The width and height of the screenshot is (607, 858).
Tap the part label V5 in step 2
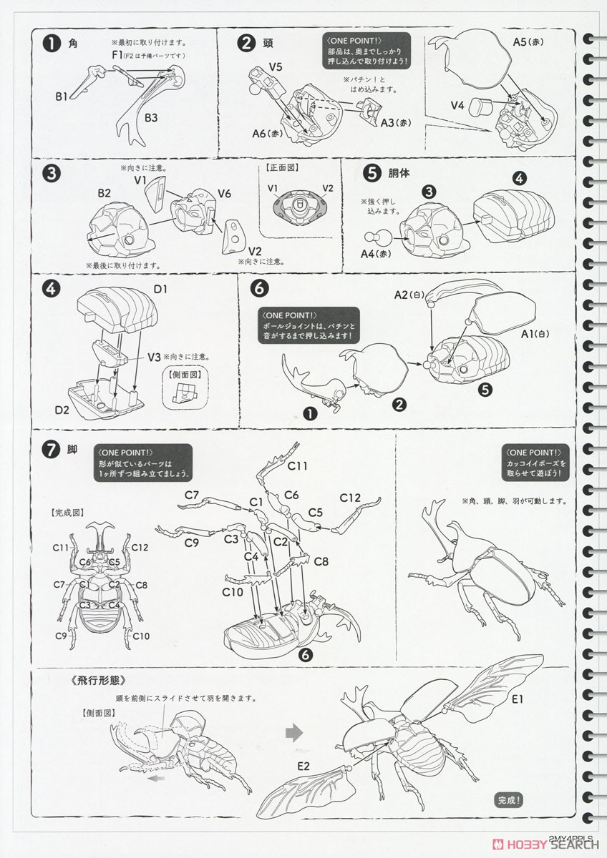(277, 67)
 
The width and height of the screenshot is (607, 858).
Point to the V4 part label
(459, 106)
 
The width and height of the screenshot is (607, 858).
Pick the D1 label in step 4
(160, 290)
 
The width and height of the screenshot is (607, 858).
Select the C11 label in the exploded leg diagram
(297, 466)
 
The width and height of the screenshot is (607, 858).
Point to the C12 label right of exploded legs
(350, 498)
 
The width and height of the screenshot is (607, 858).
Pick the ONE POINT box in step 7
(142, 463)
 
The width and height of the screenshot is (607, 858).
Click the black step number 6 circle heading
(259, 287)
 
